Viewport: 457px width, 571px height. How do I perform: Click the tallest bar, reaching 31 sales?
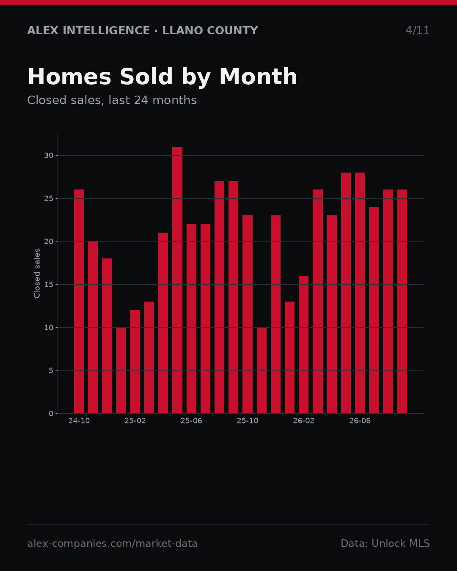[x=177, y=280]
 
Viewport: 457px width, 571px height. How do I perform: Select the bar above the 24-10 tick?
[x=79, y=302]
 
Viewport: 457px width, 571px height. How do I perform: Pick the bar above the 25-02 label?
[x=135, y=362]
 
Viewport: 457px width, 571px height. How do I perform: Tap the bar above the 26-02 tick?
[x=303, y=344]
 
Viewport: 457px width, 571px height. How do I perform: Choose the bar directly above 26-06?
[x=360, y=293]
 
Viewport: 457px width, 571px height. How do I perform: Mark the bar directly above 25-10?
[x=248, y=314]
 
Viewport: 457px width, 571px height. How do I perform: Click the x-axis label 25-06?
[x=191, y=421]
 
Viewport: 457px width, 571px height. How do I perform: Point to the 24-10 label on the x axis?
[x=79, y=421]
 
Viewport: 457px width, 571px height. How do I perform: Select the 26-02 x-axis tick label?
[x=303, y=421]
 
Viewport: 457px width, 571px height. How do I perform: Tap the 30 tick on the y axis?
[x=49, y=156]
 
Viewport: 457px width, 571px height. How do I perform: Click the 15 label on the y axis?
[x=49, y=285]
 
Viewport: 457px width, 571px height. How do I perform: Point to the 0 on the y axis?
[x=51, y=414]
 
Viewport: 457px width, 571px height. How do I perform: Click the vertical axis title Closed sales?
[x=37, y=273]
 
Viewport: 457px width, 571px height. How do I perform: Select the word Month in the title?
[x=258, y=77]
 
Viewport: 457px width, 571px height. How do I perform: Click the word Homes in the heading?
[x=69, y=77]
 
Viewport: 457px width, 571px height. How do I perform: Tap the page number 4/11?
[x=417, y=30]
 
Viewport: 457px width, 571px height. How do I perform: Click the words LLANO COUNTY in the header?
[x=210, y=30]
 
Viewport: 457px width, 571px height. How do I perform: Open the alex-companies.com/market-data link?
[x=112, y=544]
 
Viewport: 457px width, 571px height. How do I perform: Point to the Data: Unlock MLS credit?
[x=385, y=544]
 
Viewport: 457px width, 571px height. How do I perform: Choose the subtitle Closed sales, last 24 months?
[x=112, y=100]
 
